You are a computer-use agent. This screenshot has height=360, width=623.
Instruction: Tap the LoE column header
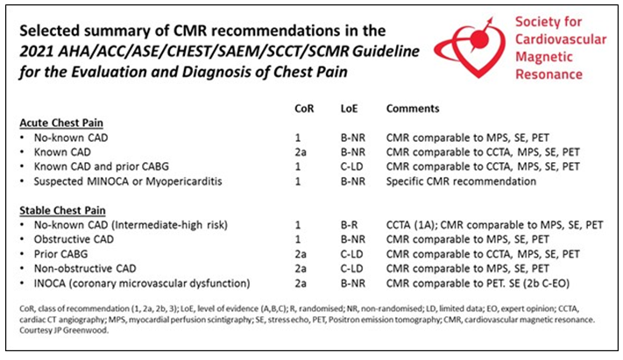(348, 107)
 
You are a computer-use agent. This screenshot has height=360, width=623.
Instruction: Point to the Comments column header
(414, 107)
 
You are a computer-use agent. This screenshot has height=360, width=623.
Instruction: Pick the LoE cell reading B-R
(347, 224)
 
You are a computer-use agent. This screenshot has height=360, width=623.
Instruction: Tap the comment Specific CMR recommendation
(462, 180)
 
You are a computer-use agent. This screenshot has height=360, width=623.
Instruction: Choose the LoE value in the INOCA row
(350, 283)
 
